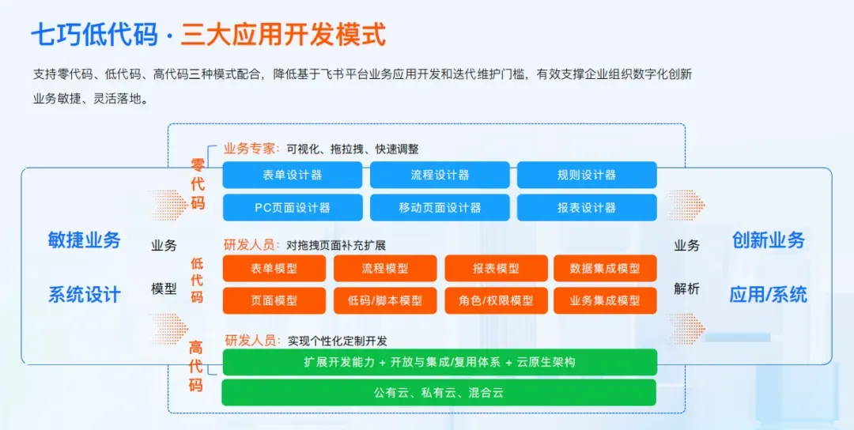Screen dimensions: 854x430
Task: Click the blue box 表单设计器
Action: click(x=292, y=175)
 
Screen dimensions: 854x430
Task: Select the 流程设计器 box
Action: click(x=440, y=175)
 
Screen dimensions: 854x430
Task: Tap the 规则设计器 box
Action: click(x=587, y=175)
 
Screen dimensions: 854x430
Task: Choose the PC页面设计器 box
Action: click(x=292, y=207)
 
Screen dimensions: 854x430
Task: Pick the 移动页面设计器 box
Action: click(x=440, y=207)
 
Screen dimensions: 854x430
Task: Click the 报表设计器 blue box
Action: click(x=587, y=207)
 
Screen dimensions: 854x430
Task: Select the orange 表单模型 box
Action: click(x=274, y=268)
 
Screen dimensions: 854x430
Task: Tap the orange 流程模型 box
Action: click(x=385, y=268)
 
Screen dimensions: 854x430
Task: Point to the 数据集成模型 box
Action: click(x=605, y=268)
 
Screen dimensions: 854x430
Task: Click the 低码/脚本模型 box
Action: click(x=385, y=300)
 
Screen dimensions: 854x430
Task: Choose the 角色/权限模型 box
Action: click(x=496, y=300)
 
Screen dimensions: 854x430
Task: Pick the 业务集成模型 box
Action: click(x=605, y=300)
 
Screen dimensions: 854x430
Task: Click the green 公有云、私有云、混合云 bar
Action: click(x=439, y=392)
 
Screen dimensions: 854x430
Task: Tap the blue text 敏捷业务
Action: click(x=85, y=240)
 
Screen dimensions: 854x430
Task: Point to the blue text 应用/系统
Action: click(x=768, y=295)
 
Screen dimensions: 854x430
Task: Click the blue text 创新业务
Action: click(x=768, y=240)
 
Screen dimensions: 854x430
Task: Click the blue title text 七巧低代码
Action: click(x=94, y=36)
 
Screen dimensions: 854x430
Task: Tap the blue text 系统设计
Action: click(x=85, y=295)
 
